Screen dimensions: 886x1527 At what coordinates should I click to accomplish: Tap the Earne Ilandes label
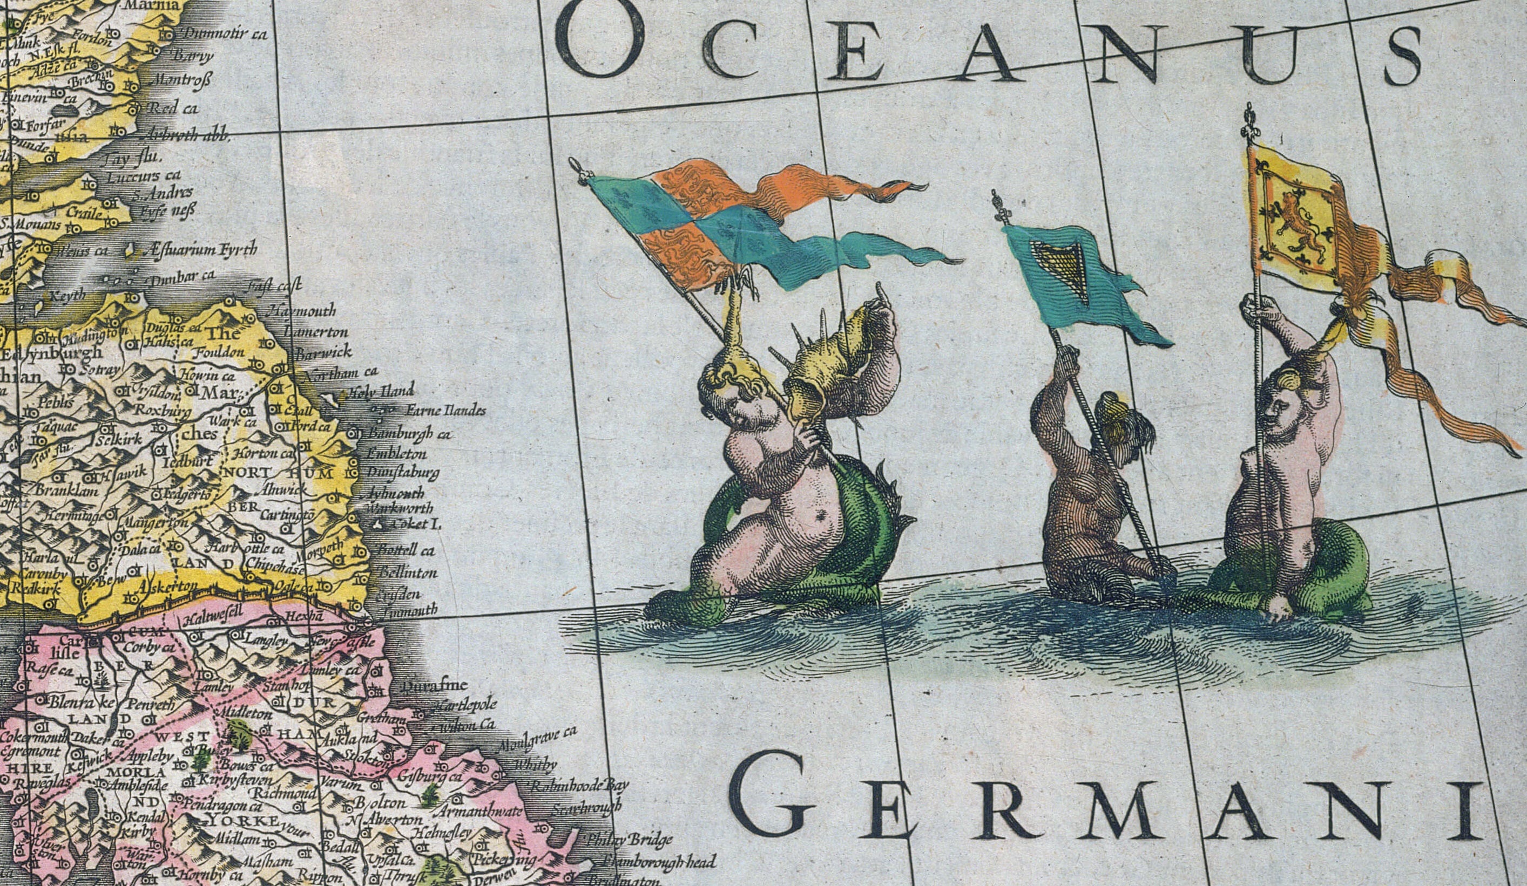[x=445, y=411]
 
